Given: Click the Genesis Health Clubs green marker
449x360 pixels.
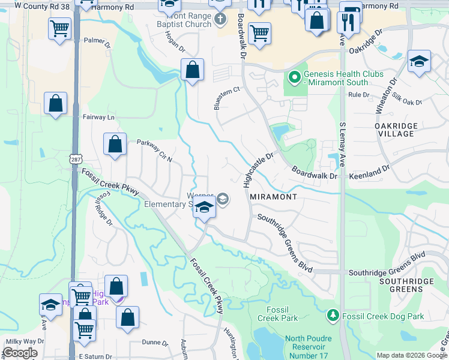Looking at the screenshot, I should click(294, 78).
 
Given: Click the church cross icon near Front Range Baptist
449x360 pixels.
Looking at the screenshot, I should click(220, 18).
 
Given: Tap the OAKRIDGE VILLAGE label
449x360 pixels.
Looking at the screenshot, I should click(394, 129).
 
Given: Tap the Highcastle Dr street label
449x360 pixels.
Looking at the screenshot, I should click(259, 169).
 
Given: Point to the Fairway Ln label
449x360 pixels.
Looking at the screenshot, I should click(98, 117).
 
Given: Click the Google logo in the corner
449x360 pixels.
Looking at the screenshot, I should click(20, 353).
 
